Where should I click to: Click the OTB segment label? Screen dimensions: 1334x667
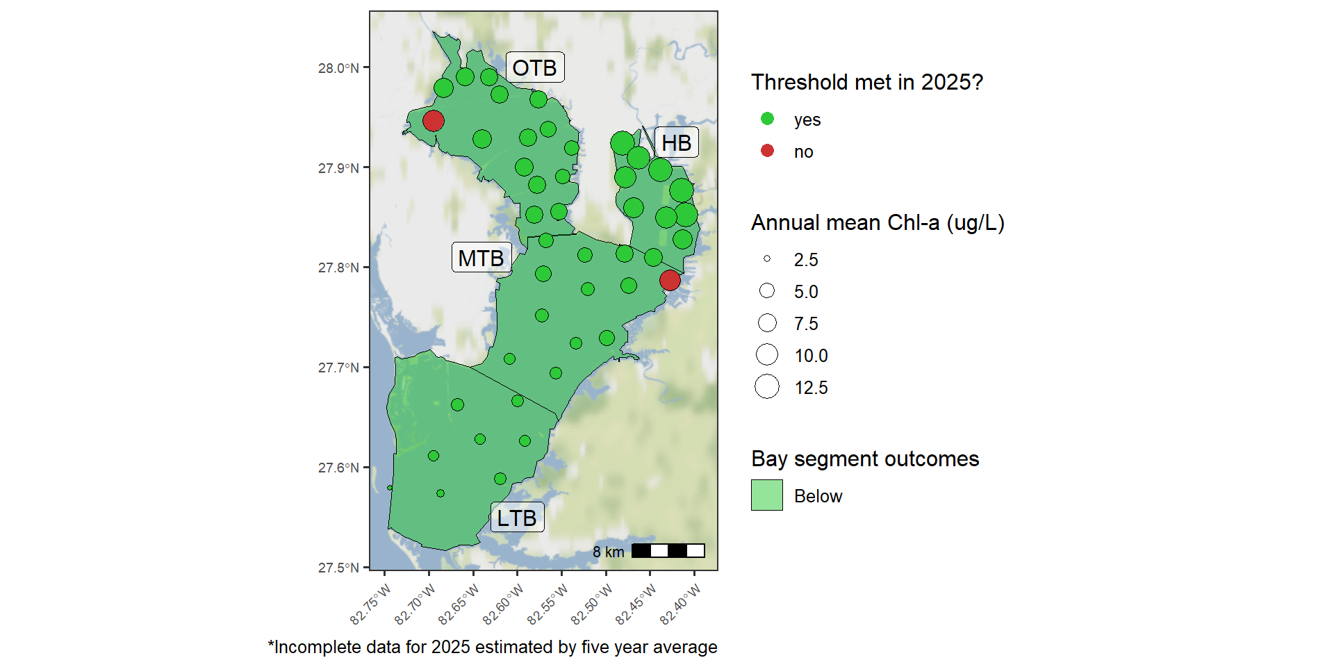coord(534,67)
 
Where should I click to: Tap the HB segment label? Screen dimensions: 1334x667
coord(676,142)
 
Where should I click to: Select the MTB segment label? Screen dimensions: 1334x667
coord(481,258)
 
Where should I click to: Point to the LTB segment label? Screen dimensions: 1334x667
coord(517,518)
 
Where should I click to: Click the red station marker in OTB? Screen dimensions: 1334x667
coord(433,121)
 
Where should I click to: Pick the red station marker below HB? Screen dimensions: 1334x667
coord(670,280)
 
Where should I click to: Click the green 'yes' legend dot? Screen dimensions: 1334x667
coord(767,119)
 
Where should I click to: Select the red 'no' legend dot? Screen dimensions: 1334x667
coord(767,151)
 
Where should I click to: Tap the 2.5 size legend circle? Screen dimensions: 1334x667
coord(767,258)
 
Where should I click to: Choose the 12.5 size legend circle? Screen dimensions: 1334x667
coord(767,386)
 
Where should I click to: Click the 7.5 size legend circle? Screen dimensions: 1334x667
coord(767,322)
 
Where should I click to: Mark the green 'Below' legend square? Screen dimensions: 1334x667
coord(767,495)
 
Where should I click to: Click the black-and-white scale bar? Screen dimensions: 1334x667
coord(668,551)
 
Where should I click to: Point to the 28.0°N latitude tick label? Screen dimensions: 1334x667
coord(338,68)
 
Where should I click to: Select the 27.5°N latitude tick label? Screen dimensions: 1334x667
coord(338,568)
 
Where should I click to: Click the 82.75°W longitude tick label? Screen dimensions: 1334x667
coord(371,604)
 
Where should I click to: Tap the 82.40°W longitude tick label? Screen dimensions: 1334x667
coord(681,604)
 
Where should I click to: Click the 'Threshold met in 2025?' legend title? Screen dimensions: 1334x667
coord(867,82)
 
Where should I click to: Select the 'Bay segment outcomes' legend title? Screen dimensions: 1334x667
coord(865,459)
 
